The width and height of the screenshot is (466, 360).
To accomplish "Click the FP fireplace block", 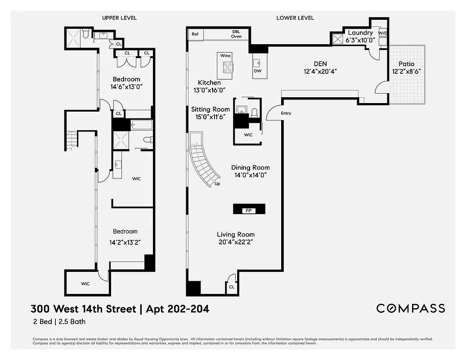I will [x=249, y=210].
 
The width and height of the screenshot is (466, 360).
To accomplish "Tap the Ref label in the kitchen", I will [x=195, y=34].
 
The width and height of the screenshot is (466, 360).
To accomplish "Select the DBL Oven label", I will [x=236, y=34].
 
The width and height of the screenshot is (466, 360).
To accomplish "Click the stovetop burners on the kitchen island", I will [x=228, y=67].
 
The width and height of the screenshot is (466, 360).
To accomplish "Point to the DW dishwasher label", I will [x=258, y=71].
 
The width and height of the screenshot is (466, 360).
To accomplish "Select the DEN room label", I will [x=320, y=64].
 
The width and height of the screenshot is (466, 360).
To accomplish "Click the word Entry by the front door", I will [x=286, y=113].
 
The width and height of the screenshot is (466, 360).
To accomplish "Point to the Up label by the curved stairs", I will [x=217, y=184].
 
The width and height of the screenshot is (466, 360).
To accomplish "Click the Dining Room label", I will [x=250, y=168].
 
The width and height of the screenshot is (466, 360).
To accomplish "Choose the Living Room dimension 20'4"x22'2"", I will [x=236, y=242].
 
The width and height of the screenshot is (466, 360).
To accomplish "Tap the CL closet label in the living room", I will [x=231, y=287].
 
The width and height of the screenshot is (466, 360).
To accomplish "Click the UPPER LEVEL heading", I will [x=119, y=18].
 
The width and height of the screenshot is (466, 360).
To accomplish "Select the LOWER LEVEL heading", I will [x=295, y=18].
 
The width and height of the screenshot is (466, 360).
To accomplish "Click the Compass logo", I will [x=410, y=308].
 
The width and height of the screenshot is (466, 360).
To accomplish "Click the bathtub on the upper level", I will [x=141, y=125].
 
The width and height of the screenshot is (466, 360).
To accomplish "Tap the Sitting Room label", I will [x=210, y=109].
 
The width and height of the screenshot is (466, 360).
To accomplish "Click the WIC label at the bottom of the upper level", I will [x=85, y=284].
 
